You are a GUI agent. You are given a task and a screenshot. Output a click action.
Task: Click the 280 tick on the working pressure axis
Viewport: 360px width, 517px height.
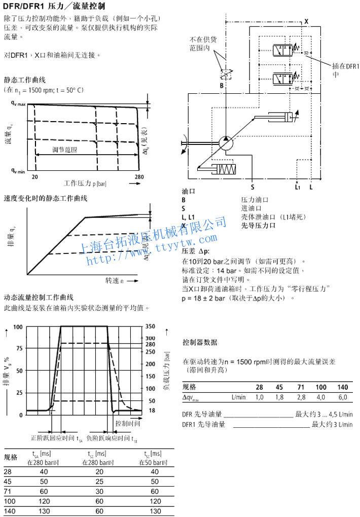pyautogui.click(x=139, y=177)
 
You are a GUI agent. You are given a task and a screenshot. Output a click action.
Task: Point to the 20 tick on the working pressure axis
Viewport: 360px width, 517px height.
pyautogui.click(x=35, y=177)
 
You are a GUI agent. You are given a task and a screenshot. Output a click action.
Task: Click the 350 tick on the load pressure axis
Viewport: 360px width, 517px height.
pyautogui.click(x=150, y=326)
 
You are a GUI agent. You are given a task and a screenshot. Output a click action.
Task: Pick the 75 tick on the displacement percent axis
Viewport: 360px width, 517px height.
pyautogui.click(x=19, y=348)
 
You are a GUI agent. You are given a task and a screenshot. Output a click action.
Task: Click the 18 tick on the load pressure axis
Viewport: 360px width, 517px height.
pyautogui.click(x=150, y=410)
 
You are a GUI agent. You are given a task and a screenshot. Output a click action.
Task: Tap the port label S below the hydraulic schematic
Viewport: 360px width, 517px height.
pyautogui.click(x=252, y=187)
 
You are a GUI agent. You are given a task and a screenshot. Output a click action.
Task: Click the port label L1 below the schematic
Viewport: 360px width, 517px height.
pyautogui.click(x=298, y=187)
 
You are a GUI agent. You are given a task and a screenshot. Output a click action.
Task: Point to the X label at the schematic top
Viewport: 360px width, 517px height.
pyautogui.click(x=306, y=21)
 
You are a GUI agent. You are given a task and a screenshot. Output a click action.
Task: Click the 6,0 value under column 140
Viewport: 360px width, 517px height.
pyautogui.click(x=343, y=397)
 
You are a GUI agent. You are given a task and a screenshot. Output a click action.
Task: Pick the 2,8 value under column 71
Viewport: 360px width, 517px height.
pyautogui.click(x=301, y=397)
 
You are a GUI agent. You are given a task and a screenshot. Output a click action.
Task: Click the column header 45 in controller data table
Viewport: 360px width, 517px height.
pyautogui.click(x=279, y=387)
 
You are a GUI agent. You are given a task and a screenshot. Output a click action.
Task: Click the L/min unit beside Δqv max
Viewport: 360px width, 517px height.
pyautogui.click(x=238, y=397)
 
